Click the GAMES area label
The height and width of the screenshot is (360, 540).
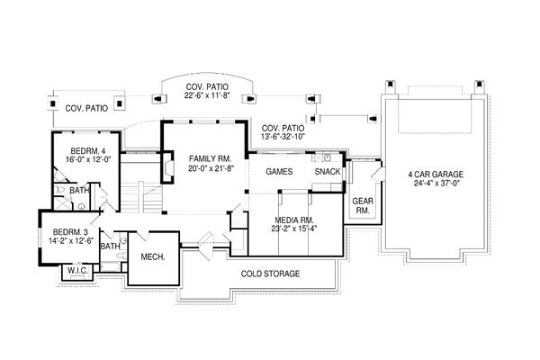(275, 171)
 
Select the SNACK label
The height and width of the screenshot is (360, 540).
(326, 171)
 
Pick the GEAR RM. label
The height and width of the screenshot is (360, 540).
(362, 206)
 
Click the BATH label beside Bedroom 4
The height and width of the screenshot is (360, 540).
(79, 190)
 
